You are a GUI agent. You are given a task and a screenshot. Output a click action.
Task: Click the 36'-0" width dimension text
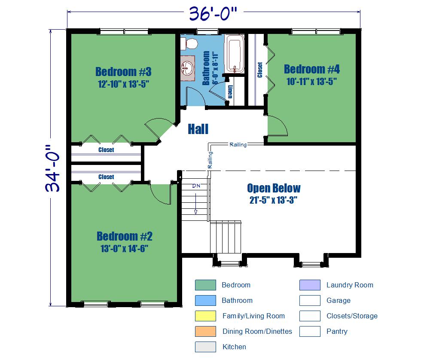[x=213, y=13]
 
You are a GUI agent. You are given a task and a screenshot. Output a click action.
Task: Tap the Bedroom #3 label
[x=123, y=72]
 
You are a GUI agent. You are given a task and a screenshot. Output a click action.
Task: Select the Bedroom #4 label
[x=311, y=69]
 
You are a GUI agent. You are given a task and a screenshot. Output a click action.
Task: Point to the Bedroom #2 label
[x=125, y=236]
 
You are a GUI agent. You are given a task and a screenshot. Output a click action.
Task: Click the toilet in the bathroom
[x=189, y=43]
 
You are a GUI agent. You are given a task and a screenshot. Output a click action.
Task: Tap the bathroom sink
[x=187, y=67]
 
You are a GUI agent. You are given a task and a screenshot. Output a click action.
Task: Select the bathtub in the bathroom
[x=235, y=54]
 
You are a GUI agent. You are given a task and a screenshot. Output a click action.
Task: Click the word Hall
[x=198, y=129]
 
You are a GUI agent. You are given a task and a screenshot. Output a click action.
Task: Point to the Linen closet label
[x=230, y=92]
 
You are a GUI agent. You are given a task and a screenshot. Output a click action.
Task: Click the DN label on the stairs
[x=196, y=186]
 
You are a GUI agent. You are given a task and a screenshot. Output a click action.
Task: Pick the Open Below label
[x=274, y=188]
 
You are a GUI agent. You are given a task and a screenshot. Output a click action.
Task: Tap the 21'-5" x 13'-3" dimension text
[x=273, y=200]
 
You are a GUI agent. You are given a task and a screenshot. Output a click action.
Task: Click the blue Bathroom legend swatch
[x=205, y=300]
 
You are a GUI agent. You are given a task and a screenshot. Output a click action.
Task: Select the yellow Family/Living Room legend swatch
[x=205, y=316]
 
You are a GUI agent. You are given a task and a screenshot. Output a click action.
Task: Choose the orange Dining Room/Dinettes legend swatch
[x=205, y=331]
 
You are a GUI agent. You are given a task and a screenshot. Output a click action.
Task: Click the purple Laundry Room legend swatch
[x=310, y=285]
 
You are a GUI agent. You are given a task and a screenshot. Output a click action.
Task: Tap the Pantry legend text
[x=337, y=331]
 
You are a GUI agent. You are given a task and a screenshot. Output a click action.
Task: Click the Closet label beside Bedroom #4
[x=260, y=70]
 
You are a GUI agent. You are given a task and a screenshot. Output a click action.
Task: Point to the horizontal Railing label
[x=238, y=144]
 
